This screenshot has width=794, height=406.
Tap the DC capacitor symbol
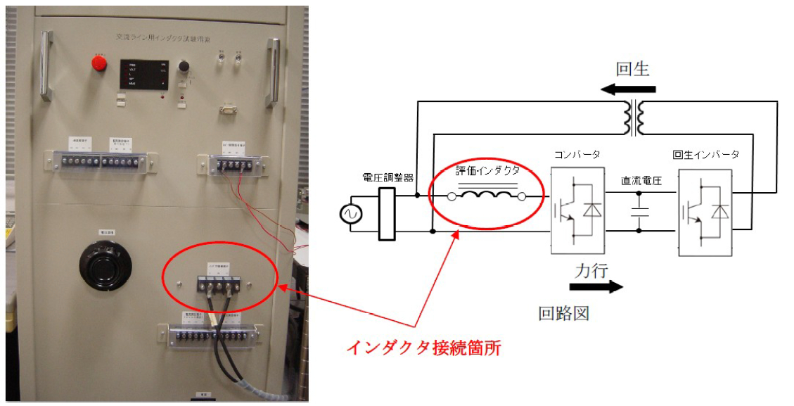[639, 212]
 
